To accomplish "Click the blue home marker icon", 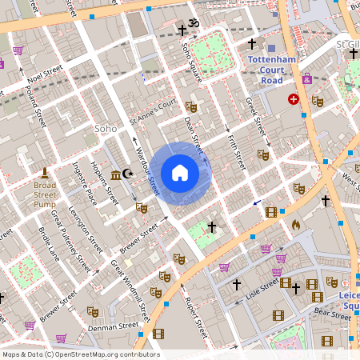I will click(180, 173).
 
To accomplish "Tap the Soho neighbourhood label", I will click(106, 128).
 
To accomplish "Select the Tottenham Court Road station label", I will click(272, 70).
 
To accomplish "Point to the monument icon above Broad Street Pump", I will click(45, 173).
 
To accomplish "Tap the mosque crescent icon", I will click(129, 174).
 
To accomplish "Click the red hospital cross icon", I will click(294, 100).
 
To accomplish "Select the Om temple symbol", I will click(193, 23).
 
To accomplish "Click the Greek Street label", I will click(254, 117).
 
